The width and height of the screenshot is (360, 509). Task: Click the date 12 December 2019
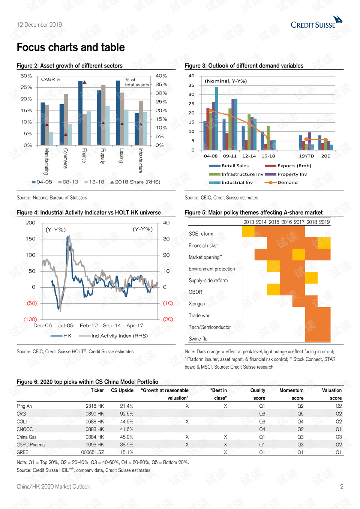[39, 25]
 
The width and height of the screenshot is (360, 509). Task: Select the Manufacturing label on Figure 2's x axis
[46, 161]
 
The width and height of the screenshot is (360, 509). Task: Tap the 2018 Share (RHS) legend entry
[135, 182]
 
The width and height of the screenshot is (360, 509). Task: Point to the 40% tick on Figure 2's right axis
[161, 76]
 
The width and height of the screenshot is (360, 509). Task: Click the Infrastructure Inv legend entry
[237, 174]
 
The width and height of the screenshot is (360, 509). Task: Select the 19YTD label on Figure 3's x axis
[306, 156]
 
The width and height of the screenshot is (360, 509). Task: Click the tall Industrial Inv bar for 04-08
[217, 118]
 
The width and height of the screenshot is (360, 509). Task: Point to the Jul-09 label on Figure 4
[66, 326]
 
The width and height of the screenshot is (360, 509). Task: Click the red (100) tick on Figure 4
[30, 319]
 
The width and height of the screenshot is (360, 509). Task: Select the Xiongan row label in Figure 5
[197, 304]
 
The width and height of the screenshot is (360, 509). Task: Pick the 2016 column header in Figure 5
[286, 222]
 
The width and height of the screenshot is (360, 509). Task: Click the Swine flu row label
[198, 339]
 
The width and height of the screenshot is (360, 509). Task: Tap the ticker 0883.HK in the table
[94, 429]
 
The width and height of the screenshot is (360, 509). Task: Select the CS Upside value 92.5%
[127, 414]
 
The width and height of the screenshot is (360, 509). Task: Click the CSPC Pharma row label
[31, 445]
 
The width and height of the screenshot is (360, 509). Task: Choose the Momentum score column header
[291, 394]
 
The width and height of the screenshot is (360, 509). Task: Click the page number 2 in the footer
[342, 487]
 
